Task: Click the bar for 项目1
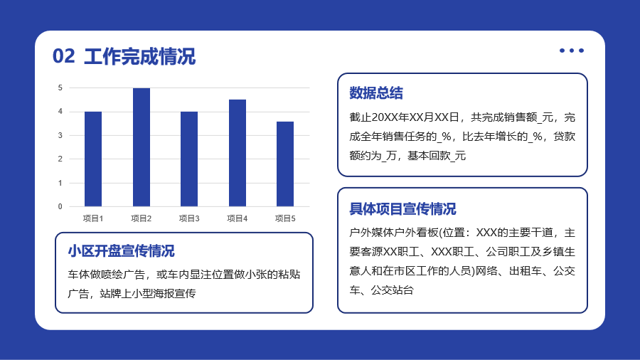[x=93, y=159]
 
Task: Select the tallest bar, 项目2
[x=142, y=147]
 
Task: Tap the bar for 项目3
[x=189, y=159]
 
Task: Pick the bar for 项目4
[x=237, y=153]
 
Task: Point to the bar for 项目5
[x=285, y=164]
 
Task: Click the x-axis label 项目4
[x=237, y=219]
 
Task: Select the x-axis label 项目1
[x=93, y=219]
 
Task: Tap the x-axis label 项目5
[x=285, y=219]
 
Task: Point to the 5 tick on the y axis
[x=60, y=88]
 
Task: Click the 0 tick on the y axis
[x=60, y=206]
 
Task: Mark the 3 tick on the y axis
[x=60, y=135]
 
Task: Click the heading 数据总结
[x=376, y=93]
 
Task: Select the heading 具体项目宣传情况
[x=402, y=209]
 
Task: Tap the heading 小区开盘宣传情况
[x=121, y=251]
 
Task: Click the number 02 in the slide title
[x=64, y=56]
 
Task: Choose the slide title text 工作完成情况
[x=139, y=56]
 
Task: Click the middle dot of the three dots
[x=572, y=51]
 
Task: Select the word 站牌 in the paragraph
[x=111, y=293]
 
